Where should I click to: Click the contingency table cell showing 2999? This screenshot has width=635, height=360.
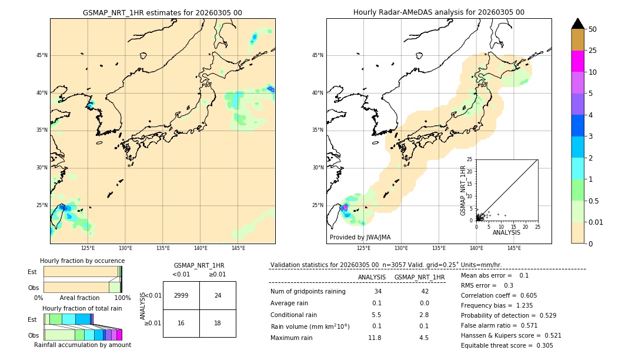(181, 295)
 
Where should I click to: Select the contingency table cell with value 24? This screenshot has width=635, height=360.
(218, 295)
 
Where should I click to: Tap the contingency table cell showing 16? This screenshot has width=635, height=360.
(181, 324)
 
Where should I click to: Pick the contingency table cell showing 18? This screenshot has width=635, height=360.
(218, 324)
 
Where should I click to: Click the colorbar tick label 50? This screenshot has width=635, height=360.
(593, 29)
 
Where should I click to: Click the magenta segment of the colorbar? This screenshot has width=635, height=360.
(578, 61)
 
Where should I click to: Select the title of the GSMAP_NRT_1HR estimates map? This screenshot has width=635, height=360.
(162, 12)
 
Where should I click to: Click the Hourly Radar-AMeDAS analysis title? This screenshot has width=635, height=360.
(439, 12)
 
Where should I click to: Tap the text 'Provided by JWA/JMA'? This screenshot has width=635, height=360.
(360, 238)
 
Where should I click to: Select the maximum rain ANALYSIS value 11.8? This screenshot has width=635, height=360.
(375, 338)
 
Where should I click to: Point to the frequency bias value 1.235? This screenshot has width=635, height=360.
(525, 306)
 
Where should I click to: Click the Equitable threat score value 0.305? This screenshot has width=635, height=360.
(541, 345)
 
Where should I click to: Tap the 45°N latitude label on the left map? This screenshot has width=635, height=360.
(42, 55)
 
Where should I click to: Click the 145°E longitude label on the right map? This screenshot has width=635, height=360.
(514, 248)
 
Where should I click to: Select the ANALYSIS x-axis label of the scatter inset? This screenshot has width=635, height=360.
(506, 233)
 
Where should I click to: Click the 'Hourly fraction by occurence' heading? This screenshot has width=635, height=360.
(82, 261)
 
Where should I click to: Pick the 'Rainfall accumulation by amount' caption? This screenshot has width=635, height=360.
(82, 345)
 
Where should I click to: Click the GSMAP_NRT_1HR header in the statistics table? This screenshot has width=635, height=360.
(419, 277)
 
